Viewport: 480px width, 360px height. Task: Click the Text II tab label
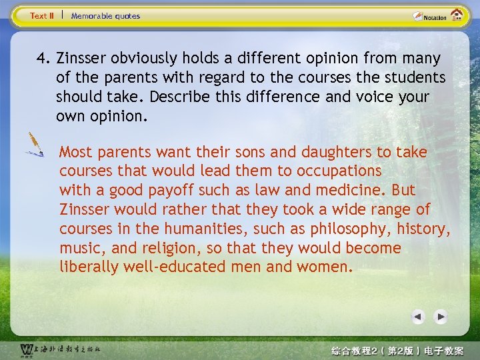[42, 15]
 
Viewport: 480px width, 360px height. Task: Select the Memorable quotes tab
[105, 15]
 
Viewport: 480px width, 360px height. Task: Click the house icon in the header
[457, 15]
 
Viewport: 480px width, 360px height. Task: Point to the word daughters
[331, 152]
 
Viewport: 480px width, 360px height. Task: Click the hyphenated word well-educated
[179, 267]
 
